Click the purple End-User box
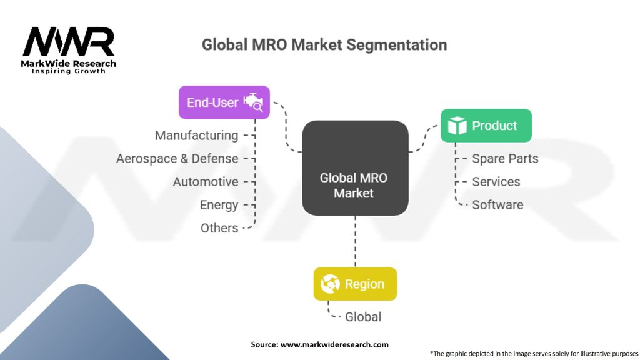pos(224,102)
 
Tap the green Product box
pos(486,125)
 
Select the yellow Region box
pos(355,284)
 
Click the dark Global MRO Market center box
pos(355,167)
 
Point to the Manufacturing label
pos(196,136)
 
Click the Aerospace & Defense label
pos(177,158)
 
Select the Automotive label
pos(206,182)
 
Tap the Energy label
pos(219,205)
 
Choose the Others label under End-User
pos(219,227)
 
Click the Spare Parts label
pos(505,159)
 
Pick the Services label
pos(496,182)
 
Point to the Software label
pos(497,205)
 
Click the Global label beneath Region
pos(363,317)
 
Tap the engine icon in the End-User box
pos(254,102)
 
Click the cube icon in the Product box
pos(457,125)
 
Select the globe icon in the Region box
pos(330,284)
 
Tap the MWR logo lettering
pos(69,42)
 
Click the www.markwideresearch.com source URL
pos(334,344)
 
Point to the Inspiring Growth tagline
pos(69,71)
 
